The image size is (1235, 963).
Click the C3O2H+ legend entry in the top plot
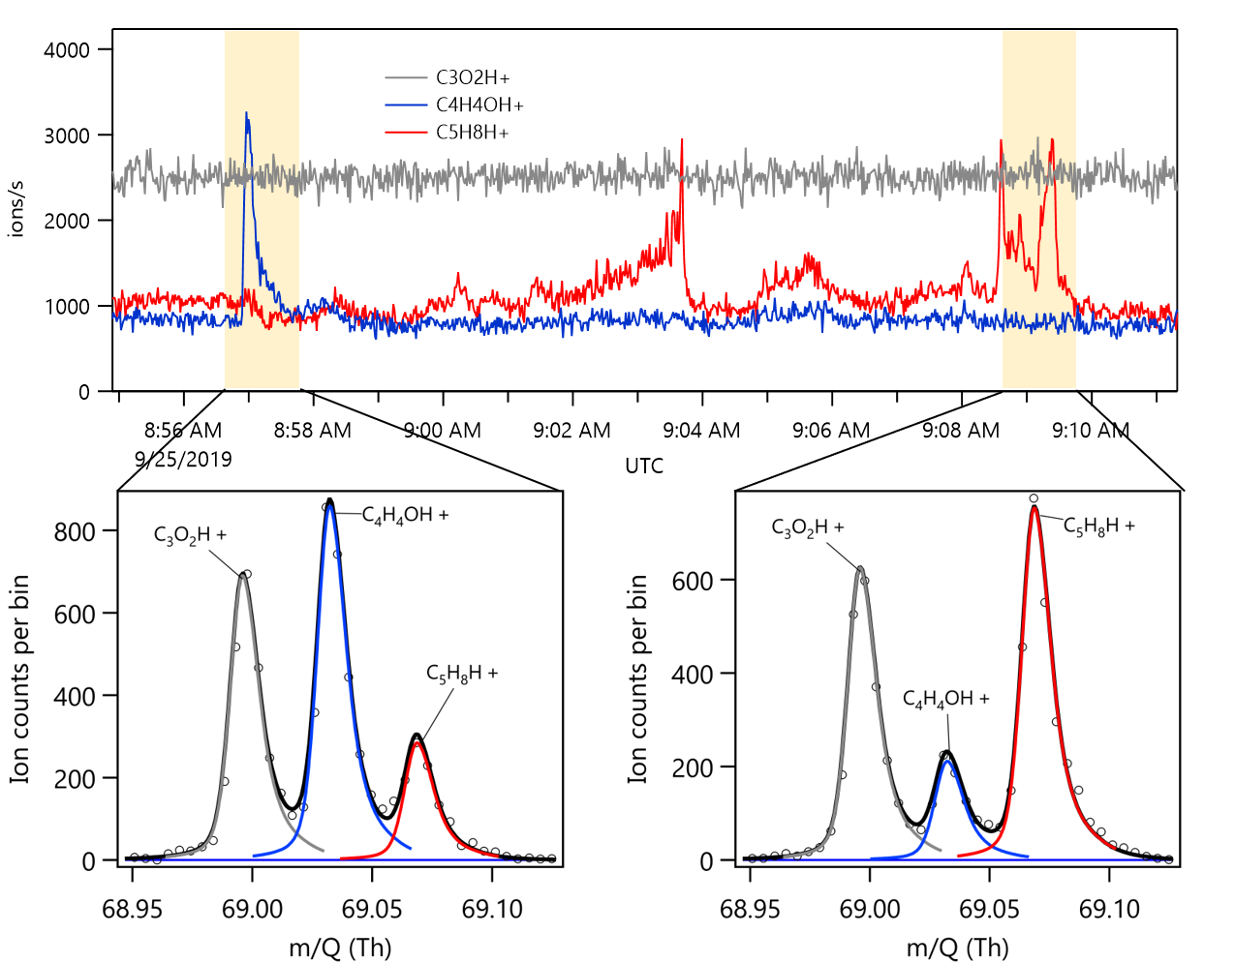[x=472, y=77]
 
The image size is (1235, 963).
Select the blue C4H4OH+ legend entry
[x=479, y=105]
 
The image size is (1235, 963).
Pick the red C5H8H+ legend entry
[x=472, y=132]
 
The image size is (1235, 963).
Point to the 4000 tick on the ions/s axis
[x=67, y=49]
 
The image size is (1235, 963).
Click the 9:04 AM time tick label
[x=701, y=431]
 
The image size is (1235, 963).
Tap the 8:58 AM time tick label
[x=312, y=431]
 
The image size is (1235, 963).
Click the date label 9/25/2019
[x=183, y=459]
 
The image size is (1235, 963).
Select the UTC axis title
[x=644, y=466]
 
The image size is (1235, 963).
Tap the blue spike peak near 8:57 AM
[x=247, y=114]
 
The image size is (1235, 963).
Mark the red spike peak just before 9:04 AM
[x=682, y=140]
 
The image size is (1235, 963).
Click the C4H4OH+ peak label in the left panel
[x=405, y=515]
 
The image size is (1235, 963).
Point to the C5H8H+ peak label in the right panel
[x=1098, y=526]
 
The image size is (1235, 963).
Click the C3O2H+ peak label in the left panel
[x=190, y=534]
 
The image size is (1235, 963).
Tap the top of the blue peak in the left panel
[x=330, y=502]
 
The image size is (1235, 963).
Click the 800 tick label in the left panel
[x=75, y=531]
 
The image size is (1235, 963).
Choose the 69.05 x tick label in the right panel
[x=989, y=910]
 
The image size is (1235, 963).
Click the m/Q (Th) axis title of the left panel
[x=340, y=947]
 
